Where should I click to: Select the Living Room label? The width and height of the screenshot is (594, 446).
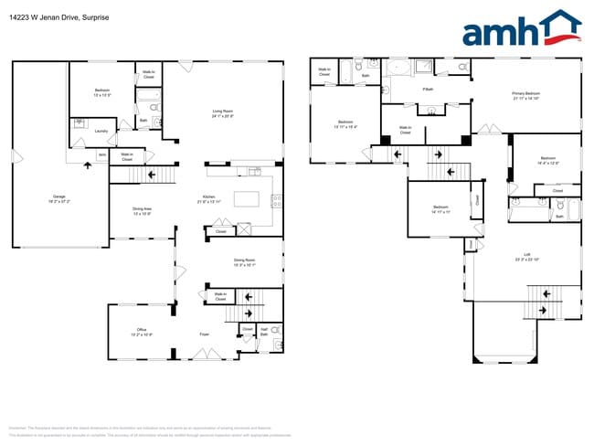click(x=223, y=113)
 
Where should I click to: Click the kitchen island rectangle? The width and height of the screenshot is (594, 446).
click(x=248, y=199)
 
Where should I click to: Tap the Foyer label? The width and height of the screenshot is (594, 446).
click(x=205, y=334)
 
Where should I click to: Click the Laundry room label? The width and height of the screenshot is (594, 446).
click(x=101, y=131)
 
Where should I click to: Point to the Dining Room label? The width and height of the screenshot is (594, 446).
click(x=244, y=261)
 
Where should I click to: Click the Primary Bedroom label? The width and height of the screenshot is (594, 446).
click(x=525, y=95)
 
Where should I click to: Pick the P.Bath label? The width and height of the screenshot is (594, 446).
click(x=428, y=90)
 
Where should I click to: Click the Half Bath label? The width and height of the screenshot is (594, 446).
click(x=263, y=333)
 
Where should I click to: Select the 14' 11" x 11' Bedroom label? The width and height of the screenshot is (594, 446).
click(x=440, y=209)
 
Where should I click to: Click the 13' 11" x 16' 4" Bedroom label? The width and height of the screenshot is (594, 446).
click(x=345, y=123)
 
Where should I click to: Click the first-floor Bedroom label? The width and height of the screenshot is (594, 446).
click(x=101, y=92)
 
